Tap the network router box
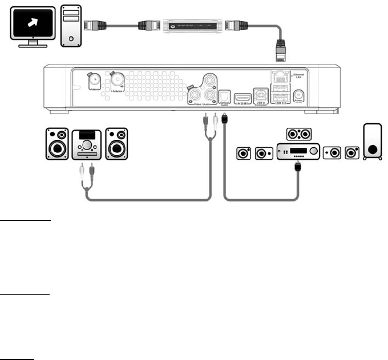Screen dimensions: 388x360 [191, 25]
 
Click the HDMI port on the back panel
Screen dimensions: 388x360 [243, 96]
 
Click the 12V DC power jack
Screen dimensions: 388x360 [298, 96]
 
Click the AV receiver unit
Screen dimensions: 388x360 [297, 152]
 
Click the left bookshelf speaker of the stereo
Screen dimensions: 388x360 [57, 144]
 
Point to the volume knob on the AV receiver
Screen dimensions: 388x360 [312, 152]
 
